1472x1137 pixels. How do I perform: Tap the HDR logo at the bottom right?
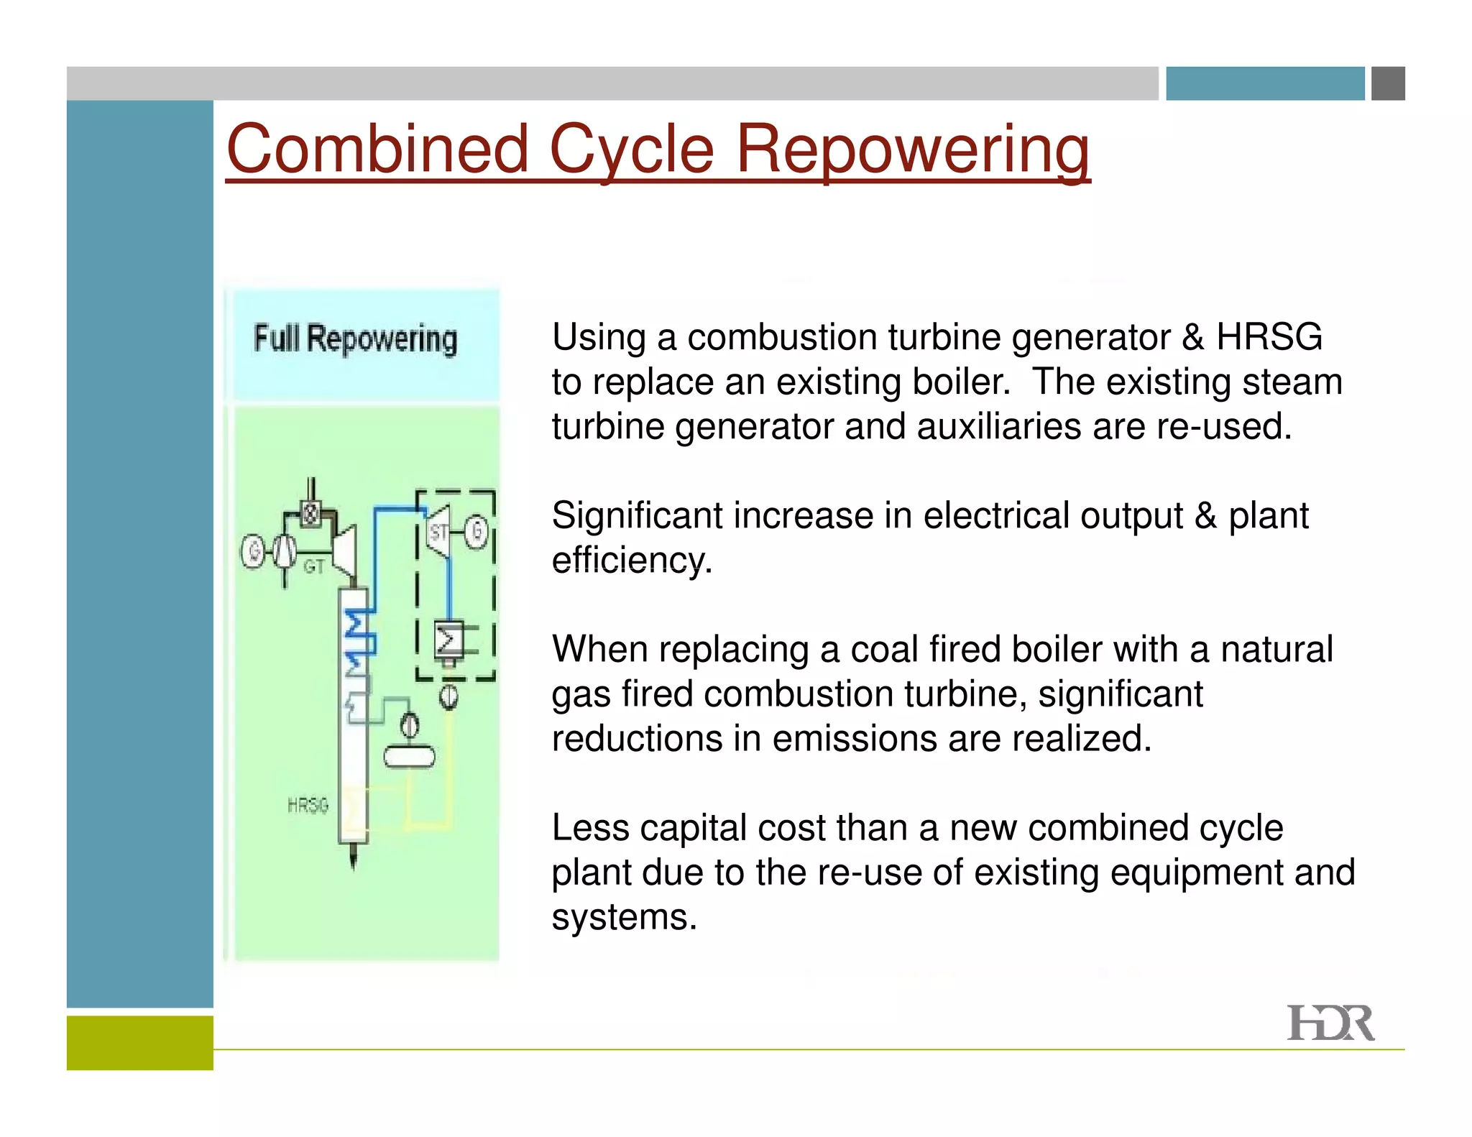(1330, 1023)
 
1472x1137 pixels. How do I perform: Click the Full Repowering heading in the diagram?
(356, 339)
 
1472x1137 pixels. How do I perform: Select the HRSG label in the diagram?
(308, 805)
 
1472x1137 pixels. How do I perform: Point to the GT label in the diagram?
(313, 567)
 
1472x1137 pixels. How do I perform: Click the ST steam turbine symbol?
(438, 533)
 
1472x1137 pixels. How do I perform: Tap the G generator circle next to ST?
(476, 532)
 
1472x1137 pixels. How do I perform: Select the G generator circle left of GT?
(253, 552)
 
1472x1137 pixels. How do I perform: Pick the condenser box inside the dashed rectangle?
(449, 640)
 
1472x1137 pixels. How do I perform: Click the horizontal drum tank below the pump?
(409, 757)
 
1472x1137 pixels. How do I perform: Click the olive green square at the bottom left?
(140, 1042)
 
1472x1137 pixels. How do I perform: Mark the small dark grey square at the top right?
(1388, 83)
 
